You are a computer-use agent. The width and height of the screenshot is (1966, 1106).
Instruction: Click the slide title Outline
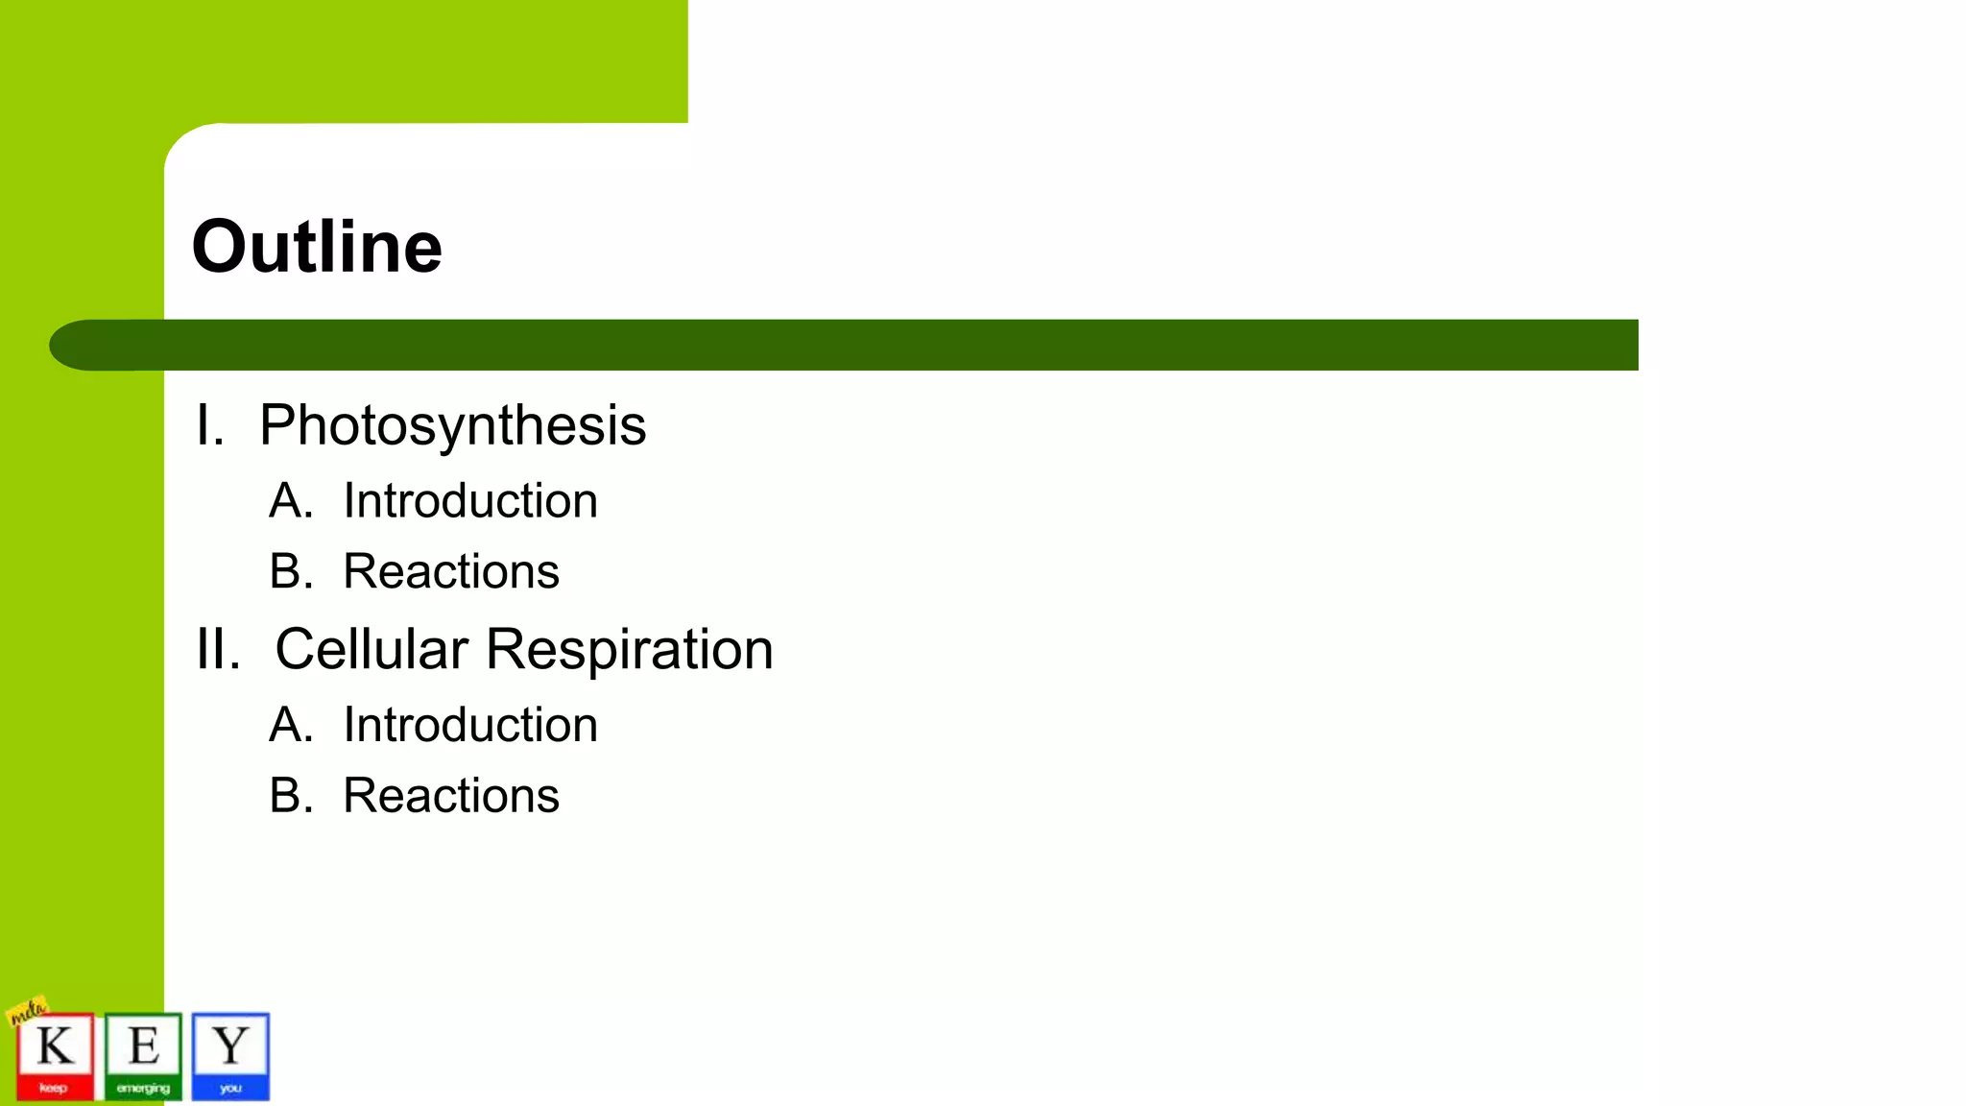317,247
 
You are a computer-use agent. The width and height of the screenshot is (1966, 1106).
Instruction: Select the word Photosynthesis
452,425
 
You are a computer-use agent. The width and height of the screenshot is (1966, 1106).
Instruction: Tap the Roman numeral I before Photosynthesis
209,425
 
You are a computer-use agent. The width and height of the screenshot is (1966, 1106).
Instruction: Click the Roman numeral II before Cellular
218,649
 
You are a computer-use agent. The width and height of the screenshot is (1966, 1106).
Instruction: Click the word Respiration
629,649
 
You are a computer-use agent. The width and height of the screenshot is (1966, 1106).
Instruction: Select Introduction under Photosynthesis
470,501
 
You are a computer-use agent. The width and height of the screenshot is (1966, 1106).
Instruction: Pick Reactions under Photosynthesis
451,572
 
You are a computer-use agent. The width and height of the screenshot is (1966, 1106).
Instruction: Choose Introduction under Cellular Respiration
470,725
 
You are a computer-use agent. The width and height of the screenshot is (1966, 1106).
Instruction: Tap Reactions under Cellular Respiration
451,796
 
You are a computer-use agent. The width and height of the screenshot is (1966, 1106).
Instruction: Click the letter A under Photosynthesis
290,501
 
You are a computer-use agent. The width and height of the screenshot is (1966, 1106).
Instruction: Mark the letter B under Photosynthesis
290,572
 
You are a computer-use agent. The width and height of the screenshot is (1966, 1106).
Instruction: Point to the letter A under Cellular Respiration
290,725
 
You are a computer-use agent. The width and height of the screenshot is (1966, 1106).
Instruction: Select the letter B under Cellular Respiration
290,796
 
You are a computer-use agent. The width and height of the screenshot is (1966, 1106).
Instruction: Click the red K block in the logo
56,1054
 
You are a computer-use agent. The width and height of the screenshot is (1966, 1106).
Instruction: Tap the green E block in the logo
143,1054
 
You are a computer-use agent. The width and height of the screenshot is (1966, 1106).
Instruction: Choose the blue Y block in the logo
230,1054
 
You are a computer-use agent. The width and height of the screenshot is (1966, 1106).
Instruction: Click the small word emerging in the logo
143,1088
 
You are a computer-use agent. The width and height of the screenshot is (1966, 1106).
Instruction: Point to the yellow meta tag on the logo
27,1010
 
